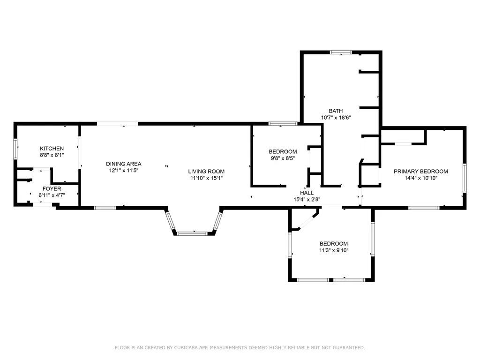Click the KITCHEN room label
click(52, 149)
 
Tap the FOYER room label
click(52, 188)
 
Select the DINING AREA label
click(124, 164)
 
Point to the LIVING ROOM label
click(206, 172)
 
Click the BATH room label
click(336, 111)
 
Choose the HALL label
click(307, 193)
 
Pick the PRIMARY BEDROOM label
click(421, 172)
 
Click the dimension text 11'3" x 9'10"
click(334, 250)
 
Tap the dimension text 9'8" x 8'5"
click(283, 158)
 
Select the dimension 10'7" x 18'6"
click(336, 118)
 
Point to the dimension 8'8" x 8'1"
click(52, 155)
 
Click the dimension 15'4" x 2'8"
click(307, 199)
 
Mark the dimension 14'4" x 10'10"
click(421, 178)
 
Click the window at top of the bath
click(341, 52)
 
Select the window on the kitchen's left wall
click(15, 149)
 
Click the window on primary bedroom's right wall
click(465, 178)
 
